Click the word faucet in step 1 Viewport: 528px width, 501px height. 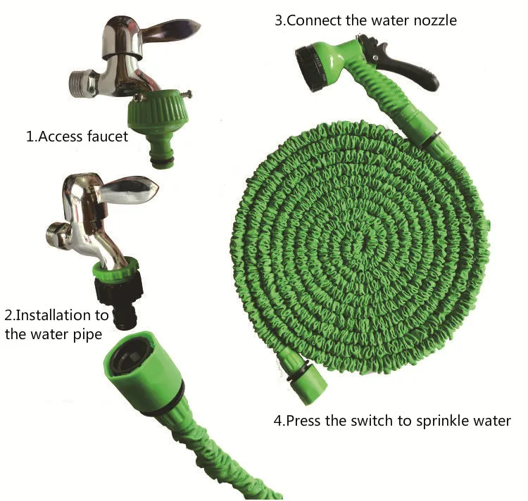[x=108, y=137]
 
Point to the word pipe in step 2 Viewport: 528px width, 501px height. [x=87, y=335]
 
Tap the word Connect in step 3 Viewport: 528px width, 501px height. [x=315, y=20]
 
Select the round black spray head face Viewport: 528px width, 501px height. [x=309, y=68]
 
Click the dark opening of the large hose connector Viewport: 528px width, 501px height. [x=130, y=357]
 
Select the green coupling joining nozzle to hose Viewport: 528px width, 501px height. [x=420, y=126]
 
